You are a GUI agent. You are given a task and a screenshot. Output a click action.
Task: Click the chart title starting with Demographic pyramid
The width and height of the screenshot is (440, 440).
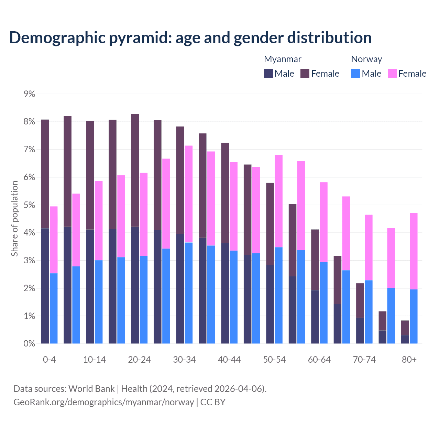coord(190,38)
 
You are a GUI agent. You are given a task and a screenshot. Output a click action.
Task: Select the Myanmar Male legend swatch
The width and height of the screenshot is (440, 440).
coord(268,73)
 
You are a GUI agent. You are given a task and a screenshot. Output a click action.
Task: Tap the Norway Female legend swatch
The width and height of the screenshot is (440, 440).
coord(392,73)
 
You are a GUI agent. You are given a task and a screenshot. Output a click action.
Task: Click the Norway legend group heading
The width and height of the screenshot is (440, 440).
coord(366,59)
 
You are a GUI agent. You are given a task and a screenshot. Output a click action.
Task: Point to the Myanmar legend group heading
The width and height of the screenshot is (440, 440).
coord(283,59)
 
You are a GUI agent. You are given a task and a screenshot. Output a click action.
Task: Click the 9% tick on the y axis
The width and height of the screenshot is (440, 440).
coord(29,94)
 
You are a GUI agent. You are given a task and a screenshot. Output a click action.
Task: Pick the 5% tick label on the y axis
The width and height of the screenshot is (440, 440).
coord(29,205)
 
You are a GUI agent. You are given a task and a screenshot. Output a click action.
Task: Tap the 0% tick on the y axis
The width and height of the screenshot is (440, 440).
coord(29,344)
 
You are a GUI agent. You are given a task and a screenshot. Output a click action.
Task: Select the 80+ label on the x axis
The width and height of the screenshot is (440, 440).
coord(409,360)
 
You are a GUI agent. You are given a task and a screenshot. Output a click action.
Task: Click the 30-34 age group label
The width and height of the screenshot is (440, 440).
coord(184,360)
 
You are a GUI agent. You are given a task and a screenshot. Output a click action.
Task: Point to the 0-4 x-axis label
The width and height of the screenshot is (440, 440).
coord(49,360)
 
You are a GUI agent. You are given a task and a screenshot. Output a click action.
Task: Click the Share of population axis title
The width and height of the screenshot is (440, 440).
coord(14,219)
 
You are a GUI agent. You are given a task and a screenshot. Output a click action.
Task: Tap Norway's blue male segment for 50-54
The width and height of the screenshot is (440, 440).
coord(279,296)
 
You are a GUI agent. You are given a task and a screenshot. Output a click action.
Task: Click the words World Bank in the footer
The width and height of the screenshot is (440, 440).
coord(91,389)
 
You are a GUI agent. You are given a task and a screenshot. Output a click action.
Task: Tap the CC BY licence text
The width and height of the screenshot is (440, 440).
coord(213,402)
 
